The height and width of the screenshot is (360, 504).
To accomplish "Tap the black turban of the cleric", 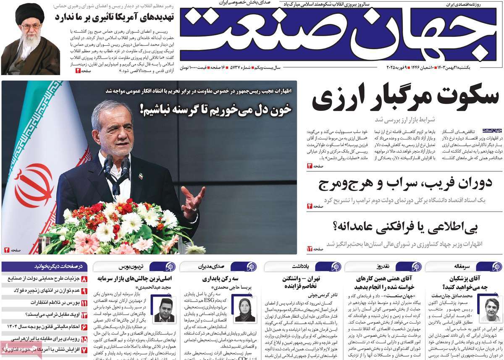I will [x=30, y=15].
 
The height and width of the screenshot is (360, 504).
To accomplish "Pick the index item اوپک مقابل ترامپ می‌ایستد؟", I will [x=46, y=314].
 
